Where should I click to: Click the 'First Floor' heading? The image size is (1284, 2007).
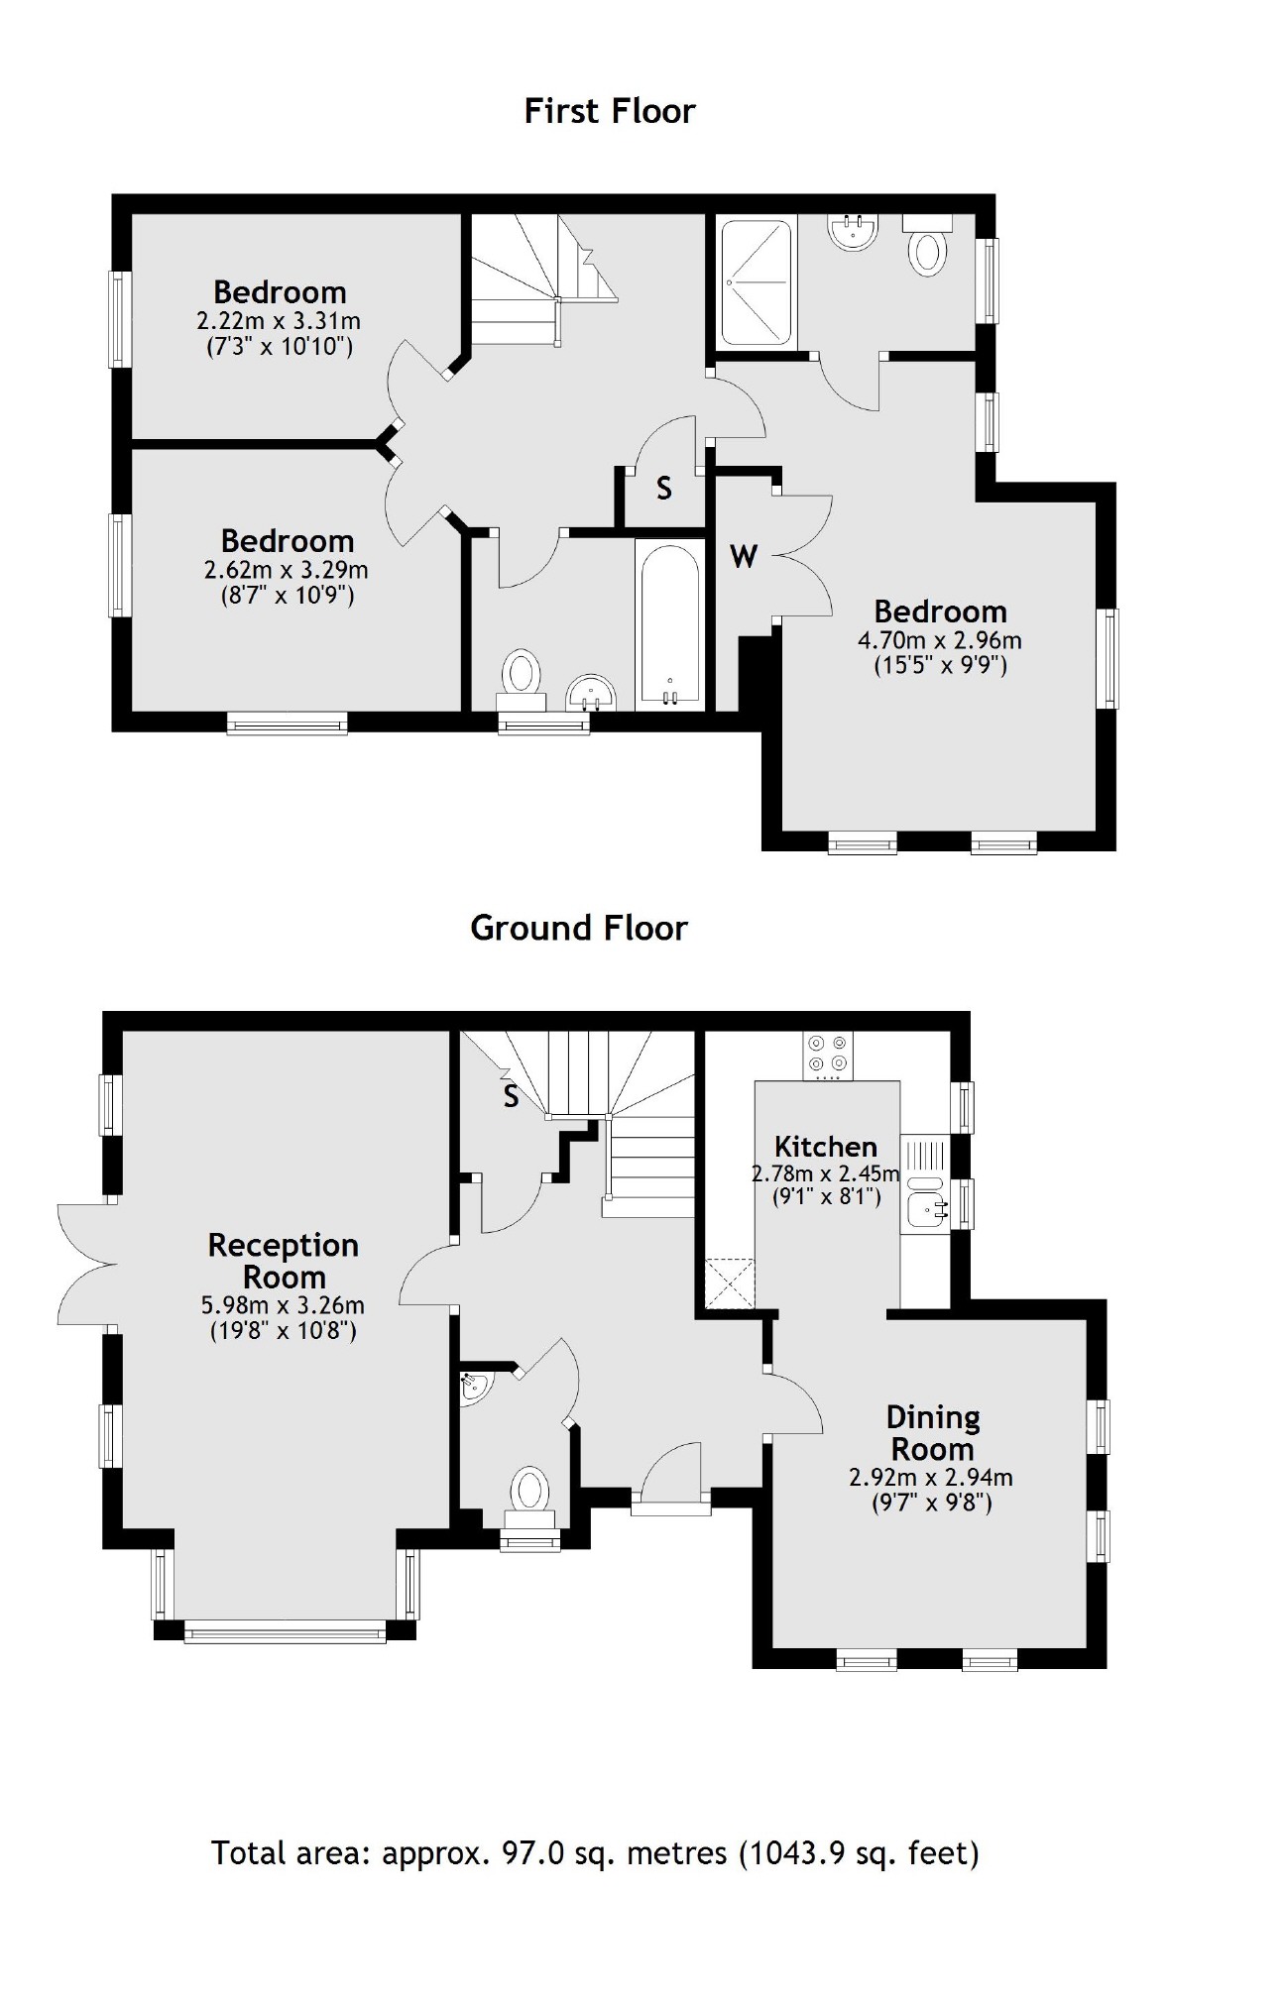[609, 111]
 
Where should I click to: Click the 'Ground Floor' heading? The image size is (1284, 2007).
[578, 928]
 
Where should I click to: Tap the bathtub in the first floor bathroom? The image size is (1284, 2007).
[670, 625]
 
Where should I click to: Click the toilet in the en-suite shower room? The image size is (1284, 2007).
[928, 248]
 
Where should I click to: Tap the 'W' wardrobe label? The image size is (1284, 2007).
[744, 557]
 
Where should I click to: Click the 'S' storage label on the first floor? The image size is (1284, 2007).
[664, 488]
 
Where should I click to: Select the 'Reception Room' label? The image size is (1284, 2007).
[283, 1261]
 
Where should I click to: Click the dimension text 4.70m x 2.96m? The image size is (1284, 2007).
[939, 640]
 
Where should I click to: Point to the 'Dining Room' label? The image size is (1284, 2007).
[932, 1433]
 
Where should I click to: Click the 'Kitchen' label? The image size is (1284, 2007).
[825, 1147]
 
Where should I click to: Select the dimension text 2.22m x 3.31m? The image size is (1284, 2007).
[279, 321]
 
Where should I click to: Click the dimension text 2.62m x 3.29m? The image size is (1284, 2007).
[286, 570]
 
